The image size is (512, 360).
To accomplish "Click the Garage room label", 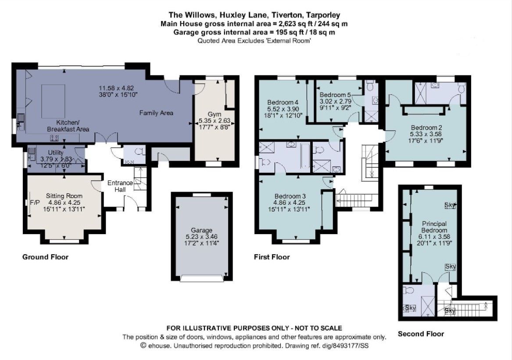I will (201, 230).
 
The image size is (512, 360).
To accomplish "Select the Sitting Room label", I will (64, 196).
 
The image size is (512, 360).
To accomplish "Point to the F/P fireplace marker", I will (35, 203).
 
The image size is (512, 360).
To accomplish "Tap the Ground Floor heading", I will (45, 257).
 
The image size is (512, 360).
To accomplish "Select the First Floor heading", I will (272, 257).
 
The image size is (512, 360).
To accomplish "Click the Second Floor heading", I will (421, 334).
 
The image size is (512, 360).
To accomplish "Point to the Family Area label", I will (156, 113).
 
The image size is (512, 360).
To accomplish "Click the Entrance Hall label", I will (118, 186).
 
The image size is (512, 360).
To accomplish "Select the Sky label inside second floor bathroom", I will (410, 308).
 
